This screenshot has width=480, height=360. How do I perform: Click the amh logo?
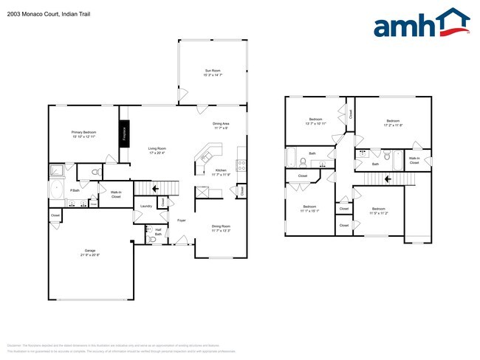[421, 24]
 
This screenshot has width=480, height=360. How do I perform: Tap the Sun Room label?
[213, 70]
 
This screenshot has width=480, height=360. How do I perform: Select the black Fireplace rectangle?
[124, 132]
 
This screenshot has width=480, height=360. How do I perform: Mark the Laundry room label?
[146, 206]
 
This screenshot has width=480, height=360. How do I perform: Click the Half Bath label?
[158, 232]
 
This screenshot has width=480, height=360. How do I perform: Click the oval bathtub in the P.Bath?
[56, 190]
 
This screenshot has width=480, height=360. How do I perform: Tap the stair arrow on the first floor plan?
[155, 190]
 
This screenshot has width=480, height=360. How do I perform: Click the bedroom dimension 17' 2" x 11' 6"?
[391, 125]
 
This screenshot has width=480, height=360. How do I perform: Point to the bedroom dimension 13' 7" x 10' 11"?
[315, 123]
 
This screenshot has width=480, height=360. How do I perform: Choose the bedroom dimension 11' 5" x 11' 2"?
[378, 213]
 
